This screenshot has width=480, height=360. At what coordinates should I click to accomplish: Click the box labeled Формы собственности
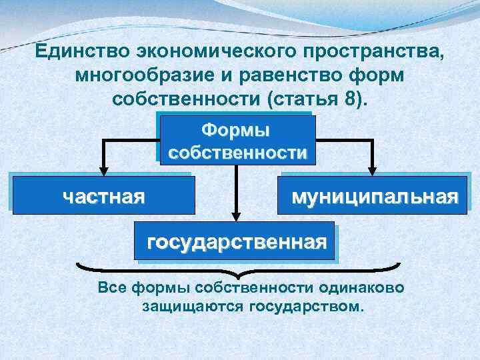point(237,140)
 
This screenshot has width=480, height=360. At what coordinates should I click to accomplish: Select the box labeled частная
point(103,195)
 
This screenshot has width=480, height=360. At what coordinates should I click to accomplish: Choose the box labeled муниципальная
point(374,195)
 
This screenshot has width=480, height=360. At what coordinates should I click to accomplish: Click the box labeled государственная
point(237,241)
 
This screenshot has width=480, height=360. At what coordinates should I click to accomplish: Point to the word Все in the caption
point(112,289)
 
